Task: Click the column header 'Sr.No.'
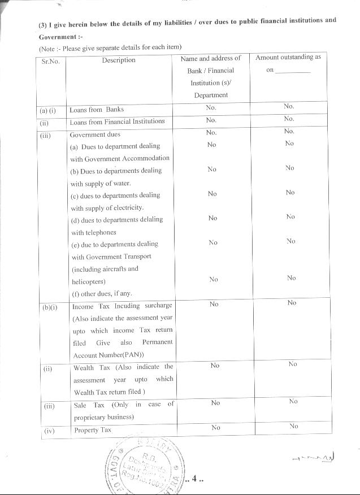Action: pos(51,62)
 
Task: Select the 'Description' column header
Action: pos(119,60)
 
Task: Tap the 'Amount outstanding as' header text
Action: pos(288,58)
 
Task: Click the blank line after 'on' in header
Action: pos(293,71)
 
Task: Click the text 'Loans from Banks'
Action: pos(97,110)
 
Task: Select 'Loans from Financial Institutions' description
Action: pos(117,121)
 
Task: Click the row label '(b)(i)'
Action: pos(50,307)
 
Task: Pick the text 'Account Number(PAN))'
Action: pos(109,355)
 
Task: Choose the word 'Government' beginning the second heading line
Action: pos(57,37)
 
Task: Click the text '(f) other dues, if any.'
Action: pos(101,293)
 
